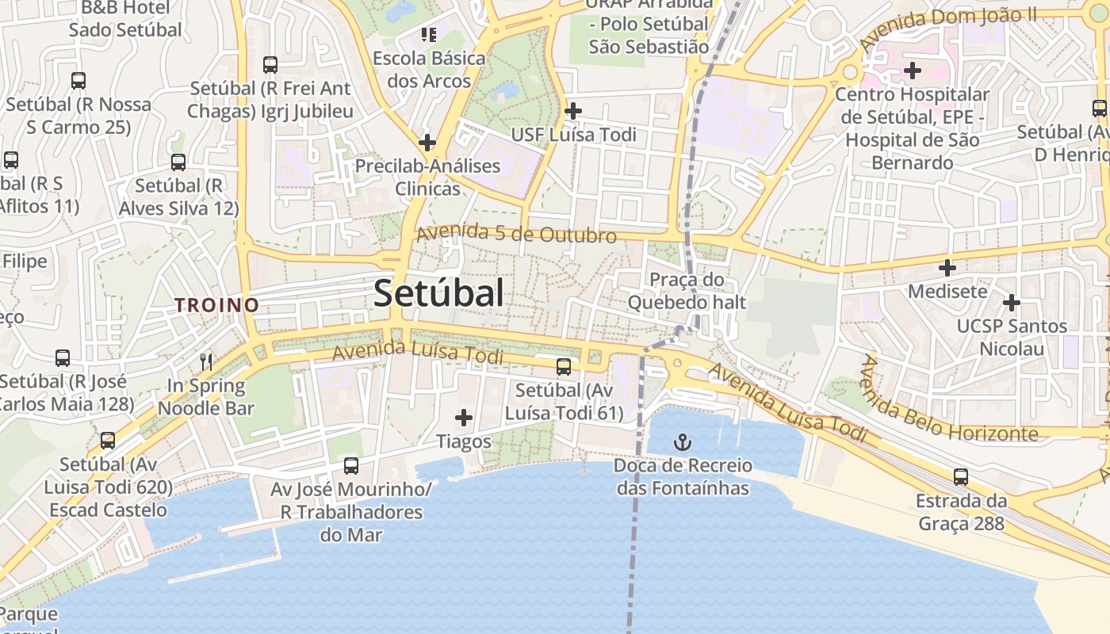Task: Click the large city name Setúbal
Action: (x=438, y=293)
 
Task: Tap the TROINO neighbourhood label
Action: (x=216, y=304)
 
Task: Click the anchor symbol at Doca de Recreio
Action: (x=682, y=442)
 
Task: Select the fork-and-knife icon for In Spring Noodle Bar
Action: (x=206, y=362)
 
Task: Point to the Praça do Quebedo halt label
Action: (x=687, y=291)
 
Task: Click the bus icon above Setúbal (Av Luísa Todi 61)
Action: (x=564, y=366)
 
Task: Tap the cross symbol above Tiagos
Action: (x=464, y=417)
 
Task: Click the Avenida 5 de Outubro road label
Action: (x=516, y=235)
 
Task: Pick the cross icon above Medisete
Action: (x=947, y=268)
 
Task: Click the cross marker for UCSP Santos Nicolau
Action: (x=1011, y=303)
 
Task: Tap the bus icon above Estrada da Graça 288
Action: (x=961, y=477)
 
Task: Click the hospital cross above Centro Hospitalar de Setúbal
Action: (x=913, y=71)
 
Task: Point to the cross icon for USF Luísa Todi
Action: (x=573, y=111)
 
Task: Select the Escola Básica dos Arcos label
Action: (x=429, y=69)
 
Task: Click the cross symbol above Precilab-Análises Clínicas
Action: (x=427, y=143)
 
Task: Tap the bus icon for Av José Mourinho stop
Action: (x=351, y=465)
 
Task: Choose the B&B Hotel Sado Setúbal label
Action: (x=125, y=19)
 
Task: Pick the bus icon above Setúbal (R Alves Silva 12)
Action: (x=178, y=162)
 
